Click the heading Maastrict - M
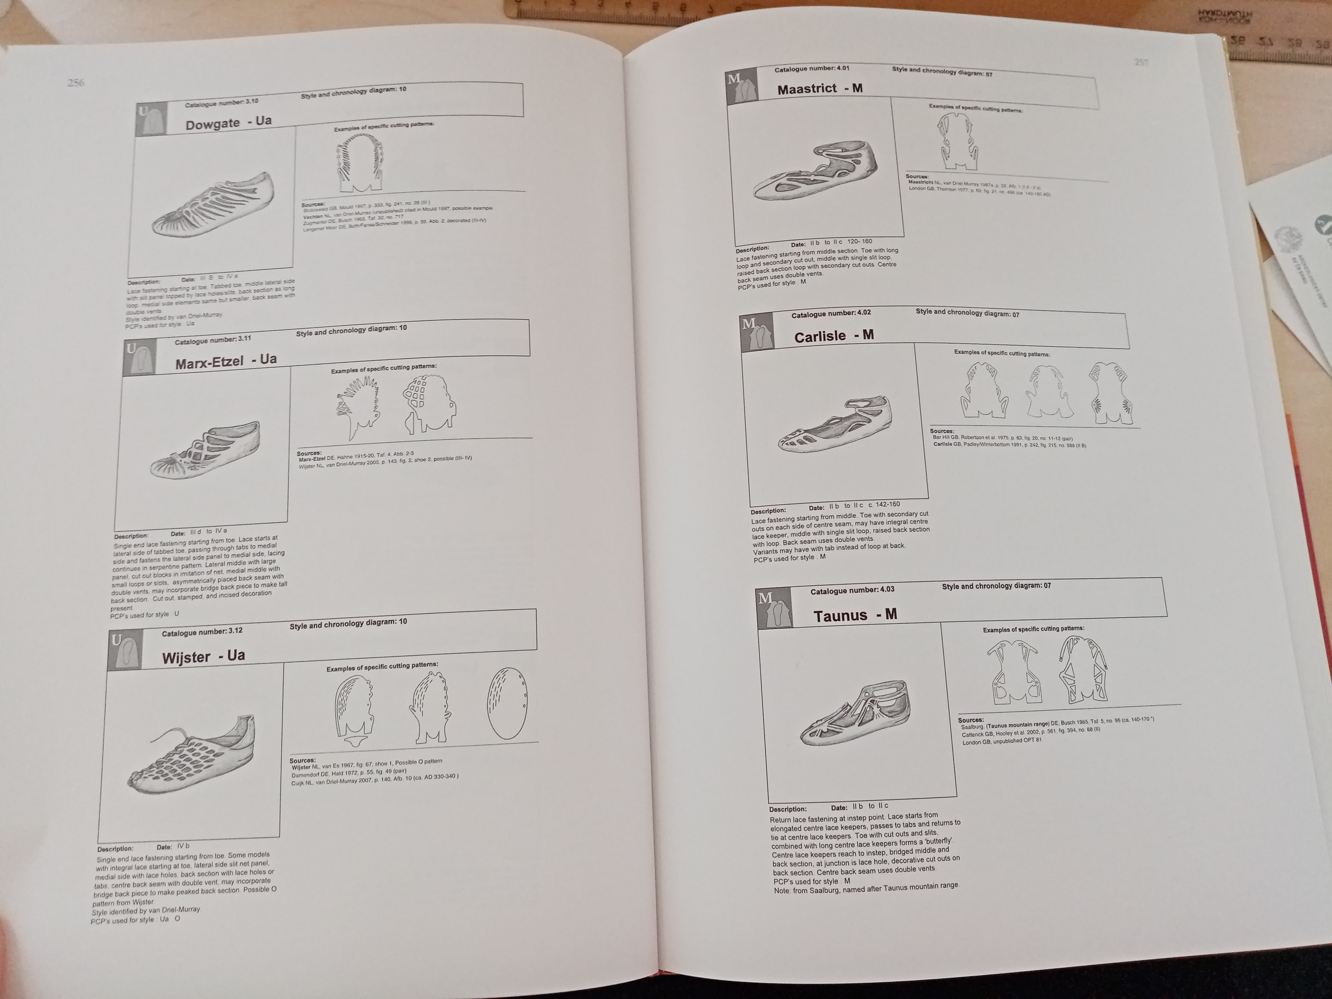click(820, 88)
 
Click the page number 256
click(76, 83)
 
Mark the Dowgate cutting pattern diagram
click(359, 163)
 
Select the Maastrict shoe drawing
click(815, 172)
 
